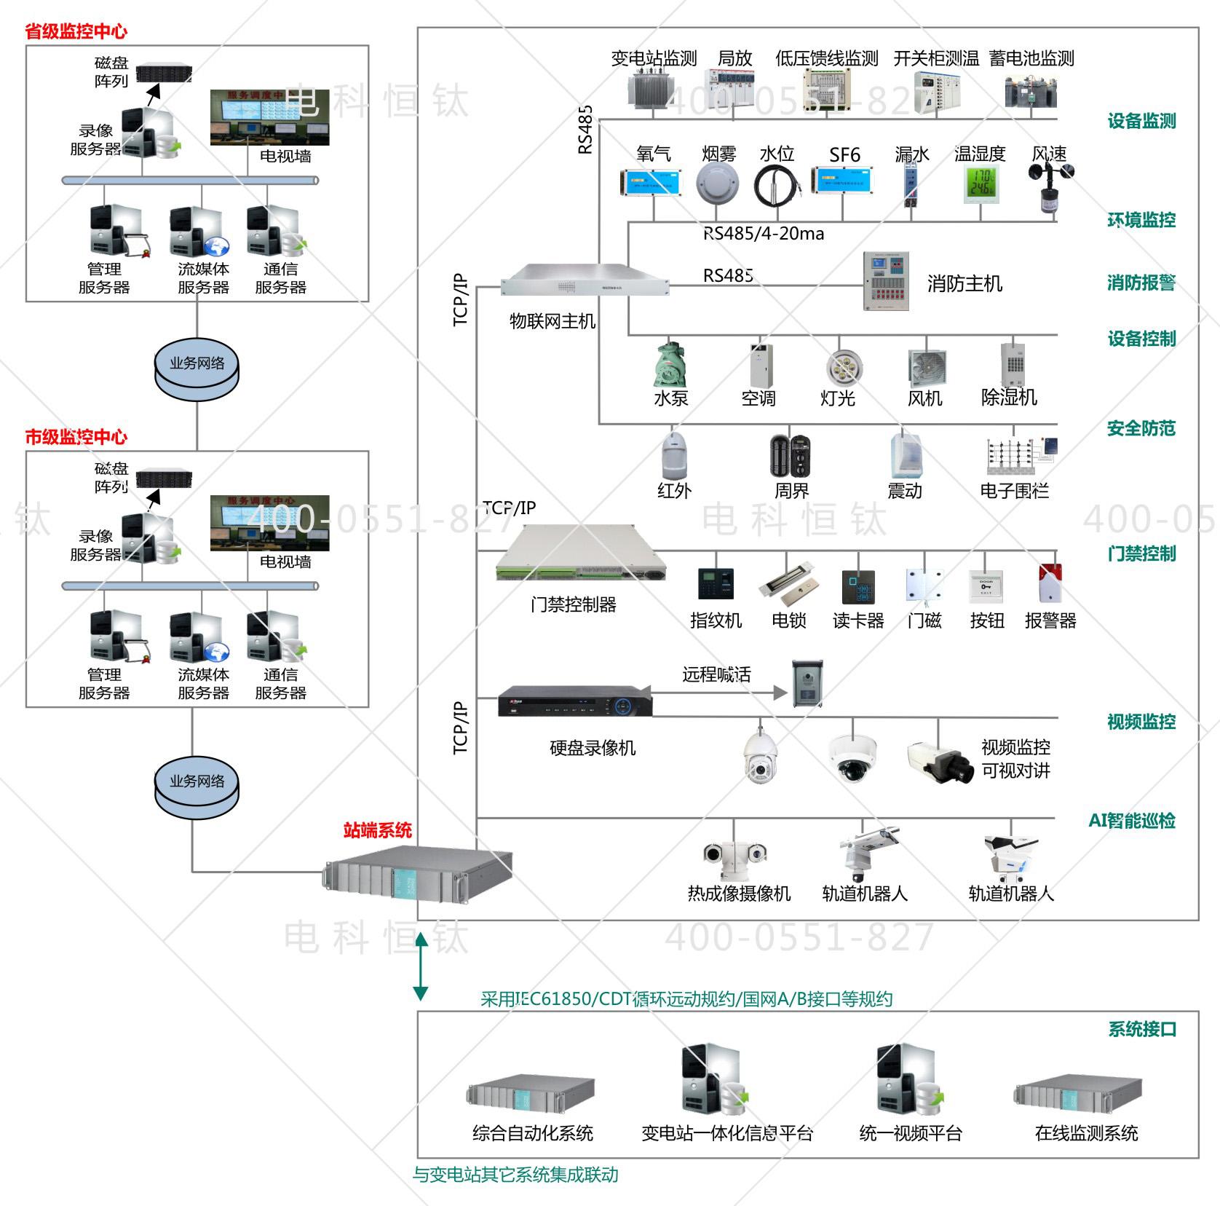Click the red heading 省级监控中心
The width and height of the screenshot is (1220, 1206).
coord(76,31)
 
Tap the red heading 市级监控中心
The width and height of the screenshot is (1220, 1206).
coord(76,437)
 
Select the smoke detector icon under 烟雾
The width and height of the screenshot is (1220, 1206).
coord(717,184)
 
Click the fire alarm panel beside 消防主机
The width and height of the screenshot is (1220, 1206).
coord(886,281)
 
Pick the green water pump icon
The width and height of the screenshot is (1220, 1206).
coord(672,365)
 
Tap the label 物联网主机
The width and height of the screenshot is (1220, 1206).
coord(552,321)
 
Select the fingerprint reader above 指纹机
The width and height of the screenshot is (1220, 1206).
coord(716,584)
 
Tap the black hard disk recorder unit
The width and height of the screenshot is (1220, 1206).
coord(575,702)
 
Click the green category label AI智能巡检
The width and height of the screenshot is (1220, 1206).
coord(1131,821)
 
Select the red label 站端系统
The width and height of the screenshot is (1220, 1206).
coord(377,830)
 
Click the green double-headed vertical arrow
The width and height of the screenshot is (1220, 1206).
coord(421,966)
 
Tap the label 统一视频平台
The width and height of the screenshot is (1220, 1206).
coord(911,1133)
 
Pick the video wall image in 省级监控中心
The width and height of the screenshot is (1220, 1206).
coord(269,117)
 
